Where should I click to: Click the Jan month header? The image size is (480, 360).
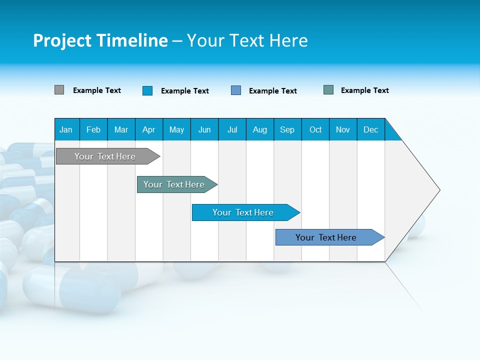click(66, 129)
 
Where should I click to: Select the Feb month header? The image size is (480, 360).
click(93, 129)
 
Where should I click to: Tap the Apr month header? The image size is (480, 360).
click(149, 129)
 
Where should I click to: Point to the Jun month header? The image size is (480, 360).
click(204, 129)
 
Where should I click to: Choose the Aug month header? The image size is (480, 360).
click(260, 129)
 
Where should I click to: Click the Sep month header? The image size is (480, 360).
click(287, 129)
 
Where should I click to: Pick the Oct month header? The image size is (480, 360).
click(315, 129)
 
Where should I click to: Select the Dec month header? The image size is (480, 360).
click(371, 129)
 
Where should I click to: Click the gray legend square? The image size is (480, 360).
click(59, 90)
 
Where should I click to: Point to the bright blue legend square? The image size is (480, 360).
click(147, 90)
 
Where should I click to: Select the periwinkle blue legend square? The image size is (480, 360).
click(236, 90)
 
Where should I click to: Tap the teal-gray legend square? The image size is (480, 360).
click(328, 90)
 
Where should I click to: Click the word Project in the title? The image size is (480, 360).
click(62, 40)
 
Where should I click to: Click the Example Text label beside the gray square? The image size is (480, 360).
click(97, 90)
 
